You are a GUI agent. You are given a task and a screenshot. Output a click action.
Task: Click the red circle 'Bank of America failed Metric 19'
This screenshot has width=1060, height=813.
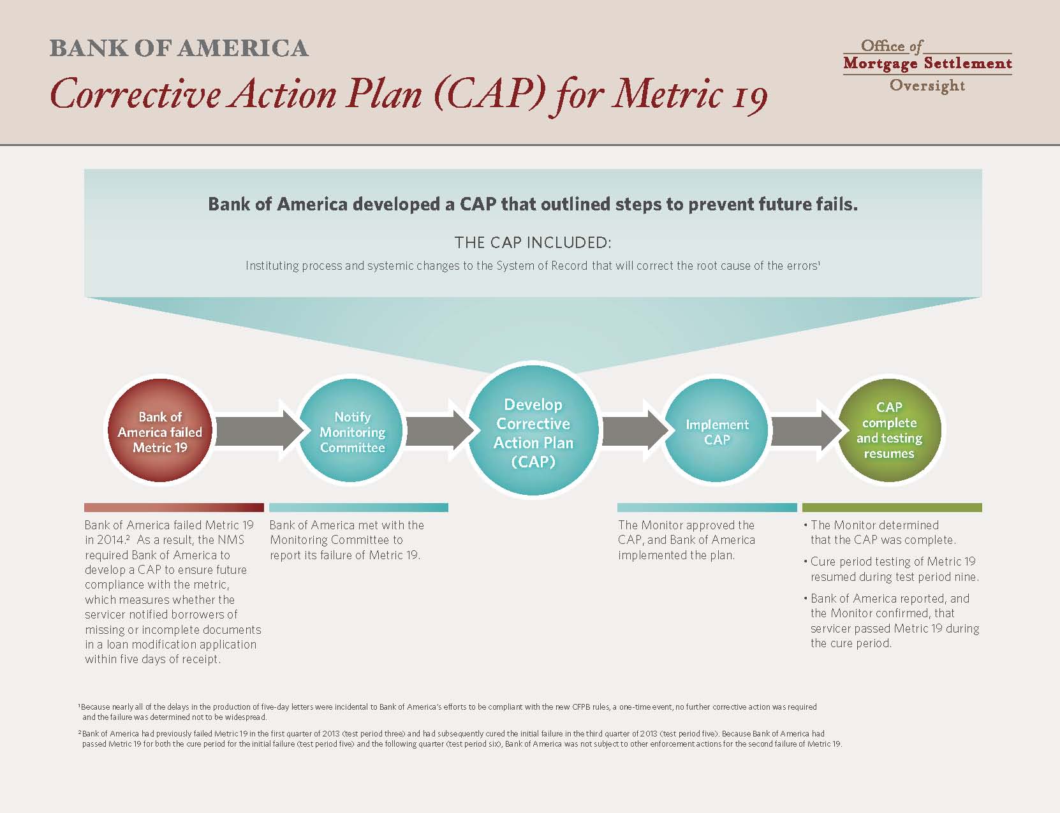(x=160, y=430)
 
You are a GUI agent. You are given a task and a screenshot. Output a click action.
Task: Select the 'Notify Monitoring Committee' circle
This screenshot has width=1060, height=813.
(x=351, y=430)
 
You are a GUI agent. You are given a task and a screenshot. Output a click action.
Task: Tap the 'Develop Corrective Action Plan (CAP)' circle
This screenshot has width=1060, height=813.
(x=533, y=430)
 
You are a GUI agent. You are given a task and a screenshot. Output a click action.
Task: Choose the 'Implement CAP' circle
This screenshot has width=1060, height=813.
(x=717, y=430)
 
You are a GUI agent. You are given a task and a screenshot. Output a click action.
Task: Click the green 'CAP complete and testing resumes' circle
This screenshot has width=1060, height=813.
(x=889, y=430)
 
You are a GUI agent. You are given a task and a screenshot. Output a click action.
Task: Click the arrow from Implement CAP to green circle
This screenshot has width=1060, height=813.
(x=806, y=430)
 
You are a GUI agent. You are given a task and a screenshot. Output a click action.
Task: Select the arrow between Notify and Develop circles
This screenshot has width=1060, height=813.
(x=439, y=430)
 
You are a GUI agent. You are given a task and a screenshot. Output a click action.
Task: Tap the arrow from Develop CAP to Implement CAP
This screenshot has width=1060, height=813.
(x=635, y=430)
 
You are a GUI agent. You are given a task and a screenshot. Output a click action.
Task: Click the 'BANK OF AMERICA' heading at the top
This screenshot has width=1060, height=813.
(x=179, y=48)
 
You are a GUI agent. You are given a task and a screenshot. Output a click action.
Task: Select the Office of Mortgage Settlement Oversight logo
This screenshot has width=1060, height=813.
(x=927, y=65)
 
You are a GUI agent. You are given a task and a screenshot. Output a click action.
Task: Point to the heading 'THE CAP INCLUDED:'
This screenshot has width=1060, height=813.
(x=533, y=242)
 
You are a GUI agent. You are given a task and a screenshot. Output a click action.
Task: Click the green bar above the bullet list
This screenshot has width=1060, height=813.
(x=892, y=507)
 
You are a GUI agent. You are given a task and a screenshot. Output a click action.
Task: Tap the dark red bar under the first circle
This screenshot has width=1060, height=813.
(x=174, y=507)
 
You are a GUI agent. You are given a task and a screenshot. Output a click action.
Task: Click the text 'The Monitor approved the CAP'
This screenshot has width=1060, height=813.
(x=686, y=532)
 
